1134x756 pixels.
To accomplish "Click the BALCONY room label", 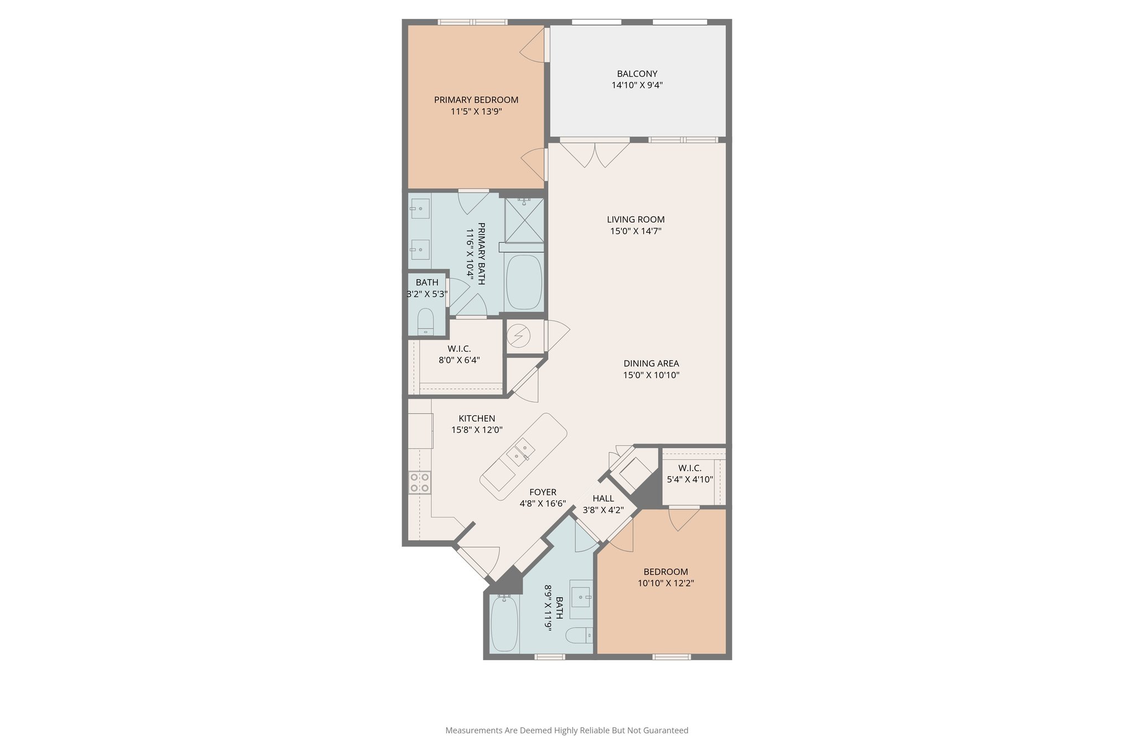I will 637,74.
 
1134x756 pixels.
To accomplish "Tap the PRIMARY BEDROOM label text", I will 476,100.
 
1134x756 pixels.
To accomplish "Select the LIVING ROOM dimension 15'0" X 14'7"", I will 636,231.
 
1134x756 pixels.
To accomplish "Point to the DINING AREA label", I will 651,363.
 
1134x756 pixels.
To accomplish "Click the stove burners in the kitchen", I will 420,482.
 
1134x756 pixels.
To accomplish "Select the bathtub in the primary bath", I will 524,282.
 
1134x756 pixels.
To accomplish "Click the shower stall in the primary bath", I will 524,220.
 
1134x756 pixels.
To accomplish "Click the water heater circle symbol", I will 519,336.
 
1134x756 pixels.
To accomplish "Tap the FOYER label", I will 543,492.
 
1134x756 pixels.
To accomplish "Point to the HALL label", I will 603,498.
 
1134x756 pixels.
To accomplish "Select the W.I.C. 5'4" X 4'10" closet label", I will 690,468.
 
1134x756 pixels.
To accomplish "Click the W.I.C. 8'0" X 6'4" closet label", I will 459,348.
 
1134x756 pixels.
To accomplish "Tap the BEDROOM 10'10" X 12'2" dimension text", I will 666,583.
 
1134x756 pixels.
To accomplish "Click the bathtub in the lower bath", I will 504,624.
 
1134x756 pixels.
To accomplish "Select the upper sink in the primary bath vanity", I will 420,209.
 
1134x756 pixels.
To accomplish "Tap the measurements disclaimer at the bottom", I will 566,731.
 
